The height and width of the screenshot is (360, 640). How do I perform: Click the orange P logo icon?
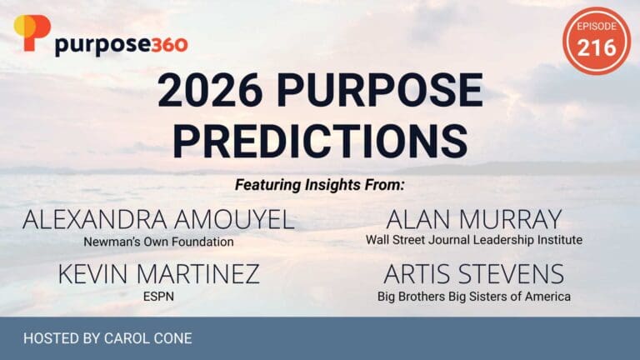[32, 32]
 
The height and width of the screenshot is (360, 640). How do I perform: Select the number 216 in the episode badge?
[597, 47]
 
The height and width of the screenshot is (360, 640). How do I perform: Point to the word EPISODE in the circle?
[597, 27]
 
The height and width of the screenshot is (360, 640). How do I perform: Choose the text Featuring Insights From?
[320, 182]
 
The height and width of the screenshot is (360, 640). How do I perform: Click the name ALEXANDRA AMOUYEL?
[157, 220]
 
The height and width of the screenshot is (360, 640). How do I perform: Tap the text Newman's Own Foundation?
[157, 241]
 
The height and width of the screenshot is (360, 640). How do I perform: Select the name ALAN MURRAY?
[473, 220]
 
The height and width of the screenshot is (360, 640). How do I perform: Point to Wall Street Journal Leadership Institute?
[473, 240]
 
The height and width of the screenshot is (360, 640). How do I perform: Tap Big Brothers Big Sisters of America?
[473, 296]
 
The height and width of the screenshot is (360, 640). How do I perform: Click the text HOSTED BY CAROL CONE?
[108, 339]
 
